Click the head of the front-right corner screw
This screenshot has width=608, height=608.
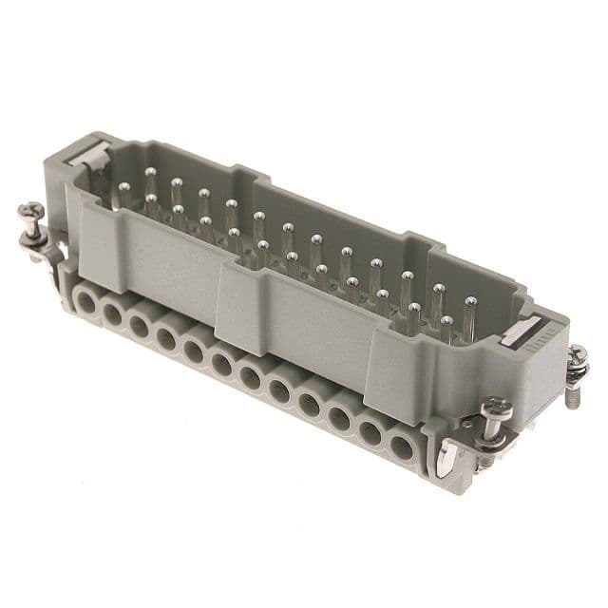(x=495, y=410)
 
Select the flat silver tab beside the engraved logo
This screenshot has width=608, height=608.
(x=521, y=329)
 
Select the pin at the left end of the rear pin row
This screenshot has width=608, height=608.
(x=150, y=174)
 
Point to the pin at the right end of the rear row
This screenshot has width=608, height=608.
(x=469, y=304)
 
